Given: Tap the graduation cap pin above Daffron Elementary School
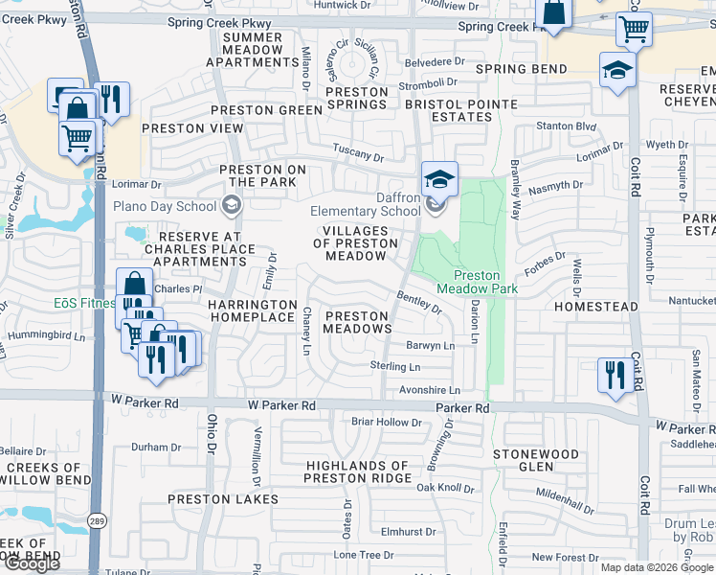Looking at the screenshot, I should [x=440, y=179].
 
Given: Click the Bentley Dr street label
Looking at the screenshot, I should [x=418, y=303].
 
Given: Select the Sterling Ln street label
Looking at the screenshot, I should [x=395, y=367].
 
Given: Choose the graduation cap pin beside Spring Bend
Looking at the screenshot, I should [x=617, y=70].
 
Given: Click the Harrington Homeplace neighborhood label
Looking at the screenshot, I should [x=252, y=310].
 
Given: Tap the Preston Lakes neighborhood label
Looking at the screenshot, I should [x=223, y=499].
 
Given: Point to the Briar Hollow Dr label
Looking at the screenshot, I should [x=387, y=422].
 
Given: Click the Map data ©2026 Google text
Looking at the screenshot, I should [x=656, y=567].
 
